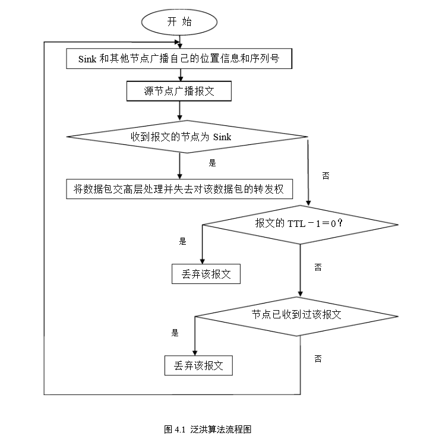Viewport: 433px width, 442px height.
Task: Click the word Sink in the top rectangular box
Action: click(87, 59)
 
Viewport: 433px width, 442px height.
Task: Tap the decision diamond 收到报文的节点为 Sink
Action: click(185, 137)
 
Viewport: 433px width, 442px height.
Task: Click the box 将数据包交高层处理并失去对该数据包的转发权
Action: click(179, 190)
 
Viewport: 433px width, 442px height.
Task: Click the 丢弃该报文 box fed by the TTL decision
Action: click(206, 274)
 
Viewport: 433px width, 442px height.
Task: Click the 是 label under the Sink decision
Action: click(212, 162)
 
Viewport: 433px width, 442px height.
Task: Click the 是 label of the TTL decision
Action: click(182, 242)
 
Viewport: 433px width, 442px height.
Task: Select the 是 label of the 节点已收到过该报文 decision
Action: click(175, 333)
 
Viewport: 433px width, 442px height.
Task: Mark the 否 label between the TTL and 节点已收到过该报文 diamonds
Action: click(318, 268)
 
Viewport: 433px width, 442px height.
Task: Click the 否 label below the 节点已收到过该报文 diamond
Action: click(318, 358)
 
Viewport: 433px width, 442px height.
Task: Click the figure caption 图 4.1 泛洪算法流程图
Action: click(207, 429)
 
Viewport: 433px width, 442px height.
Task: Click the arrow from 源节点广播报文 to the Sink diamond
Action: click(179, 112)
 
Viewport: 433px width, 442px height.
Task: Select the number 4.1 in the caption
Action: click(181, 429)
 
